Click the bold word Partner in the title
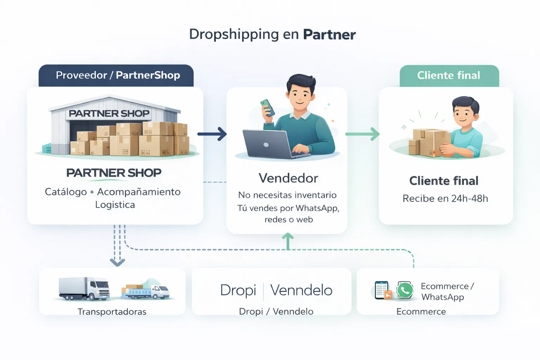(329, 34)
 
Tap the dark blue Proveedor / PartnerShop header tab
(116, 75)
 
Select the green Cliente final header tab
(449, 75)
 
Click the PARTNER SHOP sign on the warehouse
(109, 114)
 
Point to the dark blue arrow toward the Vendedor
(212, 134)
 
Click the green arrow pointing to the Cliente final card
(363, 134)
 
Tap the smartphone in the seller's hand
(268, 108)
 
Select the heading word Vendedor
(288, 178)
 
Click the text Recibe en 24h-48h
(445, 199)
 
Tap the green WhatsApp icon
(405, 290)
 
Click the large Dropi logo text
(238, 290)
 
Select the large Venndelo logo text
(301, 290)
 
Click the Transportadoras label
(112, 312)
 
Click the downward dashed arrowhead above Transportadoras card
(117, 262)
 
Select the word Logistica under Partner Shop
(115, 205)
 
